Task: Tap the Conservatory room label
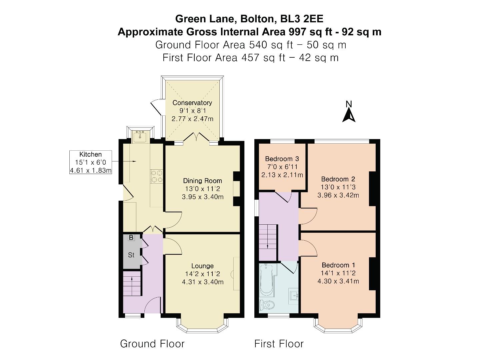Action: [x=192, y=103]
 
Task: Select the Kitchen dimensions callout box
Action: [x=90, y=162]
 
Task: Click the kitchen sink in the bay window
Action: [x=140, y=136]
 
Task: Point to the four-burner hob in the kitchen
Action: [x=157, y=176]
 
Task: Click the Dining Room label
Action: [x=202, y=181]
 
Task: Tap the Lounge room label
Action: [x=202, y=266]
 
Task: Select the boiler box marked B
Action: [x=131, y=238]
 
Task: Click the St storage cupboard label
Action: [x=131, y=255]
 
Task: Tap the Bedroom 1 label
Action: [x=338, y=265]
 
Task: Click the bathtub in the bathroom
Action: [x=266, y=279]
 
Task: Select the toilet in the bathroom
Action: [x=267, y=304]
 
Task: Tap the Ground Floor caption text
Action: [x=152, y=344]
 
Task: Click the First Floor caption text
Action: [x=279, y=344]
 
